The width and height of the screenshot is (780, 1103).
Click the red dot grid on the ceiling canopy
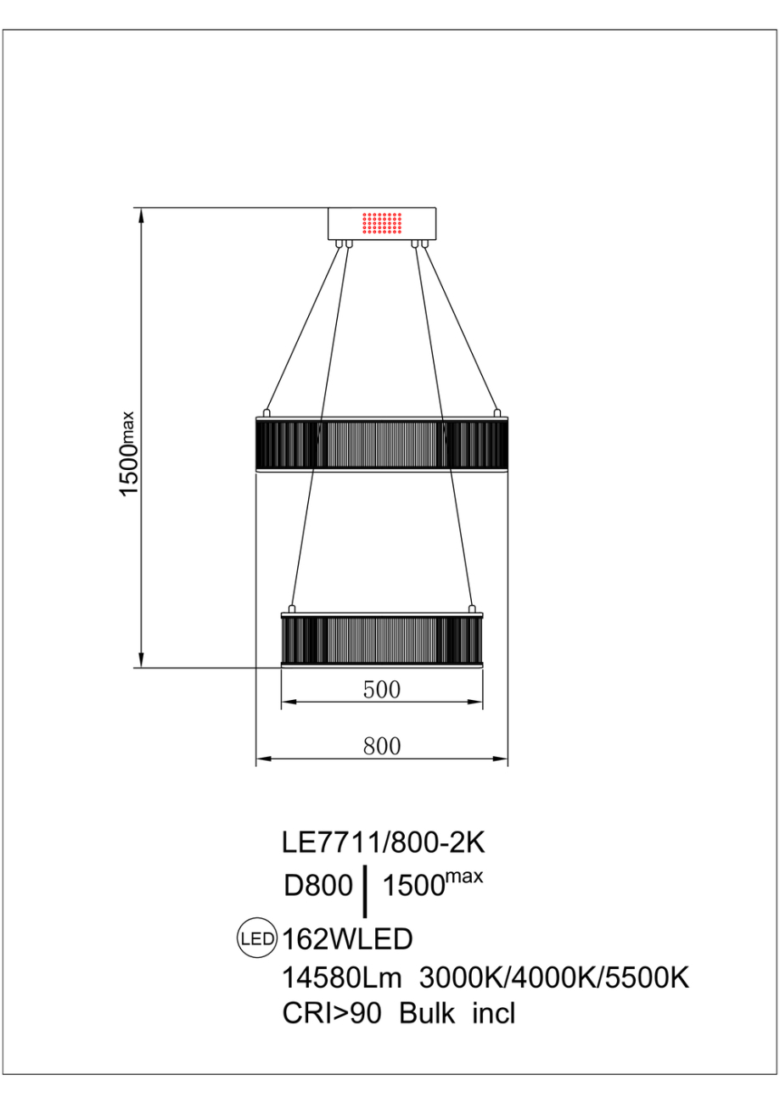click(381, 223)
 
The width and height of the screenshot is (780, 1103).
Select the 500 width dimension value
click(381, 690)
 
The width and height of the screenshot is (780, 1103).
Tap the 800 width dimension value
click(381, 746)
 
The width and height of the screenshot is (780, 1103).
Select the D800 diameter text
click(317, 887)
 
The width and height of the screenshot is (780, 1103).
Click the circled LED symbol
click(256, 939)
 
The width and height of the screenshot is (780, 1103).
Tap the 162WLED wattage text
click(347, 939)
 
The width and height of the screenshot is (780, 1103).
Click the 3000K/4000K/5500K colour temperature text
click(554, 978)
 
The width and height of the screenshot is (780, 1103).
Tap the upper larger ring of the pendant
click(381, 443)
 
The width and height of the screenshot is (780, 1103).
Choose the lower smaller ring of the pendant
click(381, 638)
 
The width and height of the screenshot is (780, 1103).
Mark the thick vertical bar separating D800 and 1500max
click(365, 892)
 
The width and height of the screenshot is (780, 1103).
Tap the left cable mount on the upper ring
click(267, 412)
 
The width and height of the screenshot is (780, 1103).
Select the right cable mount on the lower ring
click(472, 607)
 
